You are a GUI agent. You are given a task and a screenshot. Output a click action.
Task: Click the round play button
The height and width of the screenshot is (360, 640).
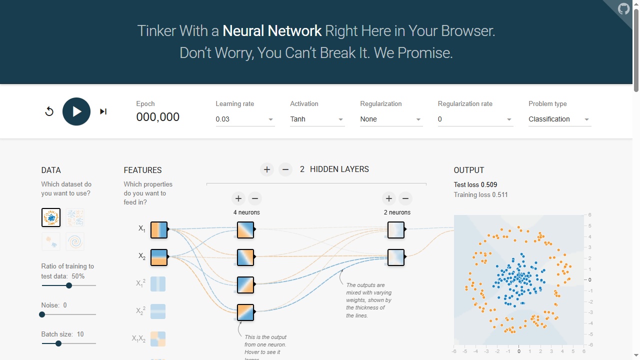pos(76,111)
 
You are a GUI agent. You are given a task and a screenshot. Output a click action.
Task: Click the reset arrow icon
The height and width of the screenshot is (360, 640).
pos(49,111)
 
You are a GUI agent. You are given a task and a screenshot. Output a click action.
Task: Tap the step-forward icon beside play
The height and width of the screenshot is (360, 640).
pos(103,111)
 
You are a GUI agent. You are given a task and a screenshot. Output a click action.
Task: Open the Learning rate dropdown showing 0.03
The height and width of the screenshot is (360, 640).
pos(245,119)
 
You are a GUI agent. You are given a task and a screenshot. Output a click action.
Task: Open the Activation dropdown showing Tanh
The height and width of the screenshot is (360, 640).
pos(317,119)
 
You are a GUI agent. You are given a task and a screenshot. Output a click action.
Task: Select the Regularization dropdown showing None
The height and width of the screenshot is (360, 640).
pos(391,119)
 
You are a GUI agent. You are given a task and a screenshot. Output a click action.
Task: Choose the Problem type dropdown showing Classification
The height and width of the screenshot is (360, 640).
pos(559,119)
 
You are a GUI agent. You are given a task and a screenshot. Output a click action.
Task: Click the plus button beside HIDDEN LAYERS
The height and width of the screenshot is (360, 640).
pos(267,169)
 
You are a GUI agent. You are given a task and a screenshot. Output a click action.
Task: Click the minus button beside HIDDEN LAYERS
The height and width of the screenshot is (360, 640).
pos(285,169)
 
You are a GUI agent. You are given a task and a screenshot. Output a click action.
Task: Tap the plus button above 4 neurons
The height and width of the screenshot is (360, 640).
pos(238,198)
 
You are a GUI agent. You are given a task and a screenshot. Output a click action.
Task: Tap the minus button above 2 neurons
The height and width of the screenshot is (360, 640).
pos(405,198)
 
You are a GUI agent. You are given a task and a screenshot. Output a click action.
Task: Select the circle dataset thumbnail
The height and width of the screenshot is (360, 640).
pos(51,217)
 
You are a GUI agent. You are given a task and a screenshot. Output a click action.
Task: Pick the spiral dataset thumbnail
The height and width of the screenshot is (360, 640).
pos(75,241)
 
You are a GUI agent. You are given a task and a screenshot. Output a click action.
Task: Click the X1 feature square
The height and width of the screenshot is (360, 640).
pos(159,229)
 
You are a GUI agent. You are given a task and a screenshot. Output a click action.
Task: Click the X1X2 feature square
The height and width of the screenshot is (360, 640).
pos(158,339)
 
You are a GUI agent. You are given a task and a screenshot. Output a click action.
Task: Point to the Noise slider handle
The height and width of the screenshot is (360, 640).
pos(42,314)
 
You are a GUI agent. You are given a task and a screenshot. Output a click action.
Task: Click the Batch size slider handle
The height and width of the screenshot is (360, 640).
pos(58,343)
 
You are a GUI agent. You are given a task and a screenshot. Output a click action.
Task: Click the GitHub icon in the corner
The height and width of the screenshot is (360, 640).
pos(623,8)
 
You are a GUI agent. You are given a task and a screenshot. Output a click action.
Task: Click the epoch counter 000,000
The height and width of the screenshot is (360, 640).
pos(157,117)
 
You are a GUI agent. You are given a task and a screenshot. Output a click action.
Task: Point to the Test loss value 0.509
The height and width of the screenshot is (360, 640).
pos(489,184)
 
